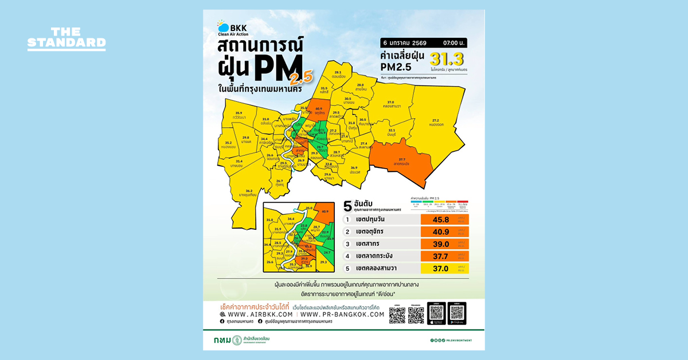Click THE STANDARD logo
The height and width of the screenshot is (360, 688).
click(x=67, y=39)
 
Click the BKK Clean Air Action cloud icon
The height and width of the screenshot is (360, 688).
click(x=221, y=25)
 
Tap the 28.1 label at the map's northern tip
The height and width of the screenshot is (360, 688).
click(x=338, y=72)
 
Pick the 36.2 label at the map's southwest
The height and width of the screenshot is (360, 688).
click(x=249, y=190)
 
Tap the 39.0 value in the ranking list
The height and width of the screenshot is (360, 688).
click(x=439, y=243)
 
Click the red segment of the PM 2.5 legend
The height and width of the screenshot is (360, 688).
click(x=463, y=202)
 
